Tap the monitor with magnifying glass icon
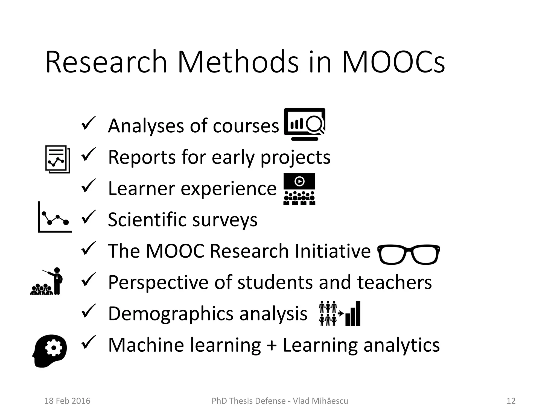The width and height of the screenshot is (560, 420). pos(305,124)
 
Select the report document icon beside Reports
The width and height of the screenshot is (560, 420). pos(57,159)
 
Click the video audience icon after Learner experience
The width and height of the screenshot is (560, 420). pos(299,189)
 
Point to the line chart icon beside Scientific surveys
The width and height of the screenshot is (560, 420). pos(55,217)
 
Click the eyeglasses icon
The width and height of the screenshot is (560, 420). pos(409,254)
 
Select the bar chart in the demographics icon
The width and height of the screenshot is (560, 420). pos(353,314)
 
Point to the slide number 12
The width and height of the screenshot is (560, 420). pos(511,401)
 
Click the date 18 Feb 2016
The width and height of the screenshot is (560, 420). pos(67,401)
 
